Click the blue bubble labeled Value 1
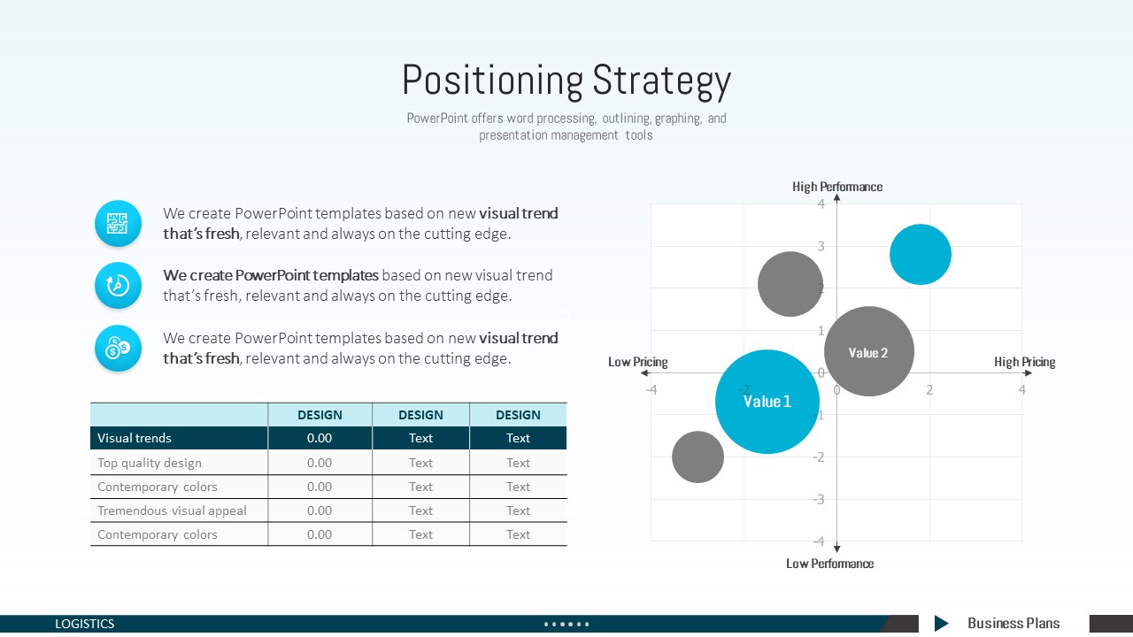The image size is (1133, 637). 767,402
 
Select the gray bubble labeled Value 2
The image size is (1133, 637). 869,351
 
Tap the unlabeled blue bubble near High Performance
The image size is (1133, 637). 921,254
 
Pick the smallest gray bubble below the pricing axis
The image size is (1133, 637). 698,457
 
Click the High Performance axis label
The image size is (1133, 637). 837,187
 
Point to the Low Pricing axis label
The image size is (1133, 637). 638,362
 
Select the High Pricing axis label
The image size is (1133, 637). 1025,362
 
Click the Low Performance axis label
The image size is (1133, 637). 829,564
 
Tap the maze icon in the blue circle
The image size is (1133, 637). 118,224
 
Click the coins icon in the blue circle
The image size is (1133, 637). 118,348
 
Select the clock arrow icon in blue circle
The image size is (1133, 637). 118,285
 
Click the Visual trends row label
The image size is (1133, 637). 134,438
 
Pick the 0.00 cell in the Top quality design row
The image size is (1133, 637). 320,463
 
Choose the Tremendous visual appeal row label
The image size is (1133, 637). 172,510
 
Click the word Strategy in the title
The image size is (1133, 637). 661,81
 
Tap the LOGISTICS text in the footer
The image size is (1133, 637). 84,624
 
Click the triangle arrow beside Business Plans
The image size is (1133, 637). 941,624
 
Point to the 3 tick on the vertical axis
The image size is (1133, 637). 821,246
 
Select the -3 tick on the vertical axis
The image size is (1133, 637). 819,500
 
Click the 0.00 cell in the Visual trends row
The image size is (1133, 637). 320,438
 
